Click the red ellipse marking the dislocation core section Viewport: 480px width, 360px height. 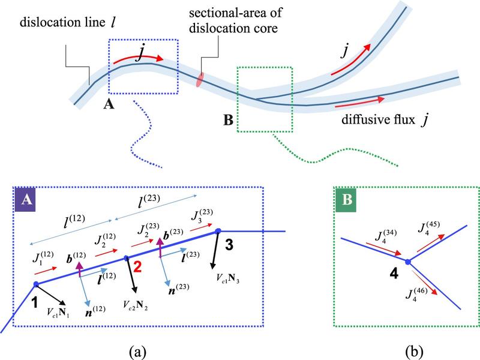[200, 80]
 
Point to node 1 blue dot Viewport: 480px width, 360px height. [35, 284]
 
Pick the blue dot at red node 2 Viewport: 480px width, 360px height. [126, 258]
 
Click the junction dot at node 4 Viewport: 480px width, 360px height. [407, 262]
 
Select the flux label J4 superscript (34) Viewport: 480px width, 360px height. [368, 233]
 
